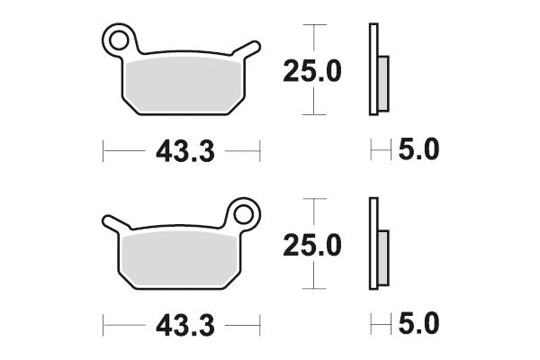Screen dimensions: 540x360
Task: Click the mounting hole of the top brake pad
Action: [119, 40]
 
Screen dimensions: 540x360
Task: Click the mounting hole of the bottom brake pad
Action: [243, 214]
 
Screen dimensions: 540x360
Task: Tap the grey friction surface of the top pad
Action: [184, 85]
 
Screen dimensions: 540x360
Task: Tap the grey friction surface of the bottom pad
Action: [179, 260]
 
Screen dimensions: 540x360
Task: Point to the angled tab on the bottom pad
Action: [116, 223]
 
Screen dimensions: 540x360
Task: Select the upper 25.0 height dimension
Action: [312, 71]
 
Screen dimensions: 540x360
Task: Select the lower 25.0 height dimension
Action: [312, 246]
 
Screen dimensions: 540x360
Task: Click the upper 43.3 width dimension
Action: [185, 151]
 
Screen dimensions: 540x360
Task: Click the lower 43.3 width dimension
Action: [185, 326]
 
